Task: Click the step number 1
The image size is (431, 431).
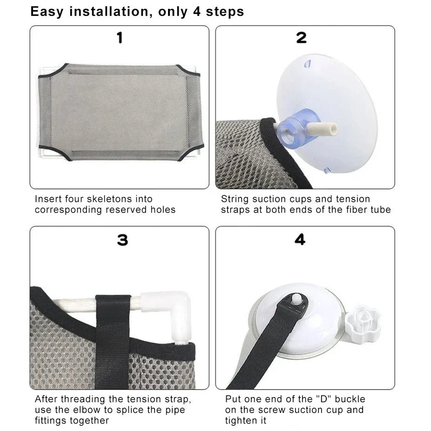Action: click(120, 38)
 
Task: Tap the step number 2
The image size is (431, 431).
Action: click(301, 38)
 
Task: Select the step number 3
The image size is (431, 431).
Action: click(122, 240)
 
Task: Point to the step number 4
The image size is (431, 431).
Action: click(300, 240)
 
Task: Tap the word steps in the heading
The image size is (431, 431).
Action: click(226, 12)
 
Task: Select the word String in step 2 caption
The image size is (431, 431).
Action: click(236, 199)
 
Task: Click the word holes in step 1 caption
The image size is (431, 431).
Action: click(162, 210)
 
